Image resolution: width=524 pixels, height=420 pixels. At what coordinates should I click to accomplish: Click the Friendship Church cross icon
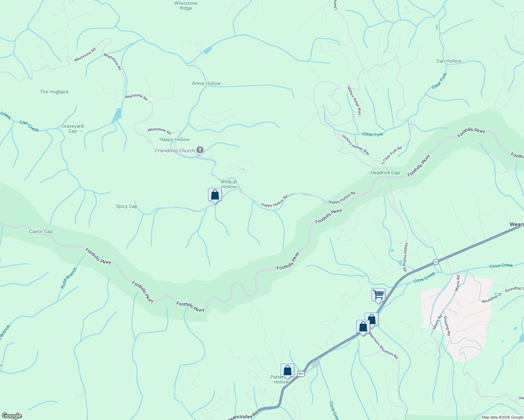coord(200,150)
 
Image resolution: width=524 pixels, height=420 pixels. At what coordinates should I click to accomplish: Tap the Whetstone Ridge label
coord(186,6)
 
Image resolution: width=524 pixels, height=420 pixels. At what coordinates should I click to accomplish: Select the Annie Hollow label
coord(206,83)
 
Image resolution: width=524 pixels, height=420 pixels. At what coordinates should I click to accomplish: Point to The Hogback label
coord(54,92)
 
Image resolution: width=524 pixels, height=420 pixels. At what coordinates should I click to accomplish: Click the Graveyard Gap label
coord(73,128)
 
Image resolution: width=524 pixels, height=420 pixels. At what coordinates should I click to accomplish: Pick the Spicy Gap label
coord(127,206)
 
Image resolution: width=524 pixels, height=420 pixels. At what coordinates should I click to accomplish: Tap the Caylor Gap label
coord(41,231)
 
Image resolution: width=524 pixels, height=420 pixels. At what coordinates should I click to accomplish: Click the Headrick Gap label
coord(385,173)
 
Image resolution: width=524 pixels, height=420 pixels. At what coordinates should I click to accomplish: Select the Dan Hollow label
coord(449,61)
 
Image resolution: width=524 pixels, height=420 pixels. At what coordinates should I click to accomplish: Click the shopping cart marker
coord(378,294)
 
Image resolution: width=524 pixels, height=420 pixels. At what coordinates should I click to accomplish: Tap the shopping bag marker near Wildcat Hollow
coord(215,195)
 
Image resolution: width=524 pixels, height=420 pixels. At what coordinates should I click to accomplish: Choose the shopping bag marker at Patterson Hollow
coord(287,370)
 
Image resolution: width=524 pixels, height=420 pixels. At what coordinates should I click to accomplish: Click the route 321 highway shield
coord(301,374)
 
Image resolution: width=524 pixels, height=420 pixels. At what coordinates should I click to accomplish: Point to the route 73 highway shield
coord(435,262)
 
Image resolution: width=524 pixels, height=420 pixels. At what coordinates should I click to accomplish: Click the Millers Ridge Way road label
coord(354,100)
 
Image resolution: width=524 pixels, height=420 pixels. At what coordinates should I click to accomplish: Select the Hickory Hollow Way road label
coord(356,145)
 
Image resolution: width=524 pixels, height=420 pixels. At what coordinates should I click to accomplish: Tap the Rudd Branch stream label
coord(68,278)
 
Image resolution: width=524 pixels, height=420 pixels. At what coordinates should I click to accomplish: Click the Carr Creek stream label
coord(29,126)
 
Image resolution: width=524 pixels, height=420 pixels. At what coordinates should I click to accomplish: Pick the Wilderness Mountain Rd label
coord(384,344)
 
